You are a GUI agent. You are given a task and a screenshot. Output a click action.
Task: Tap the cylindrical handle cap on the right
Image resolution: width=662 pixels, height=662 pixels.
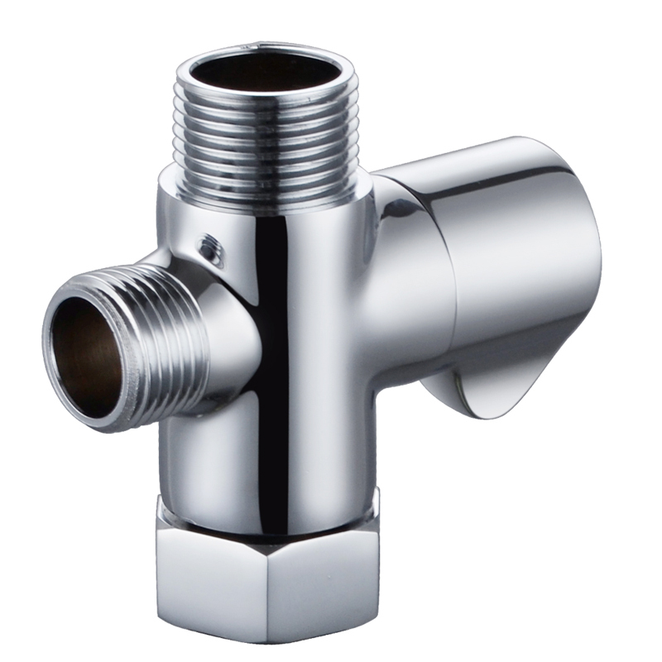click(x=513, y=265)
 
